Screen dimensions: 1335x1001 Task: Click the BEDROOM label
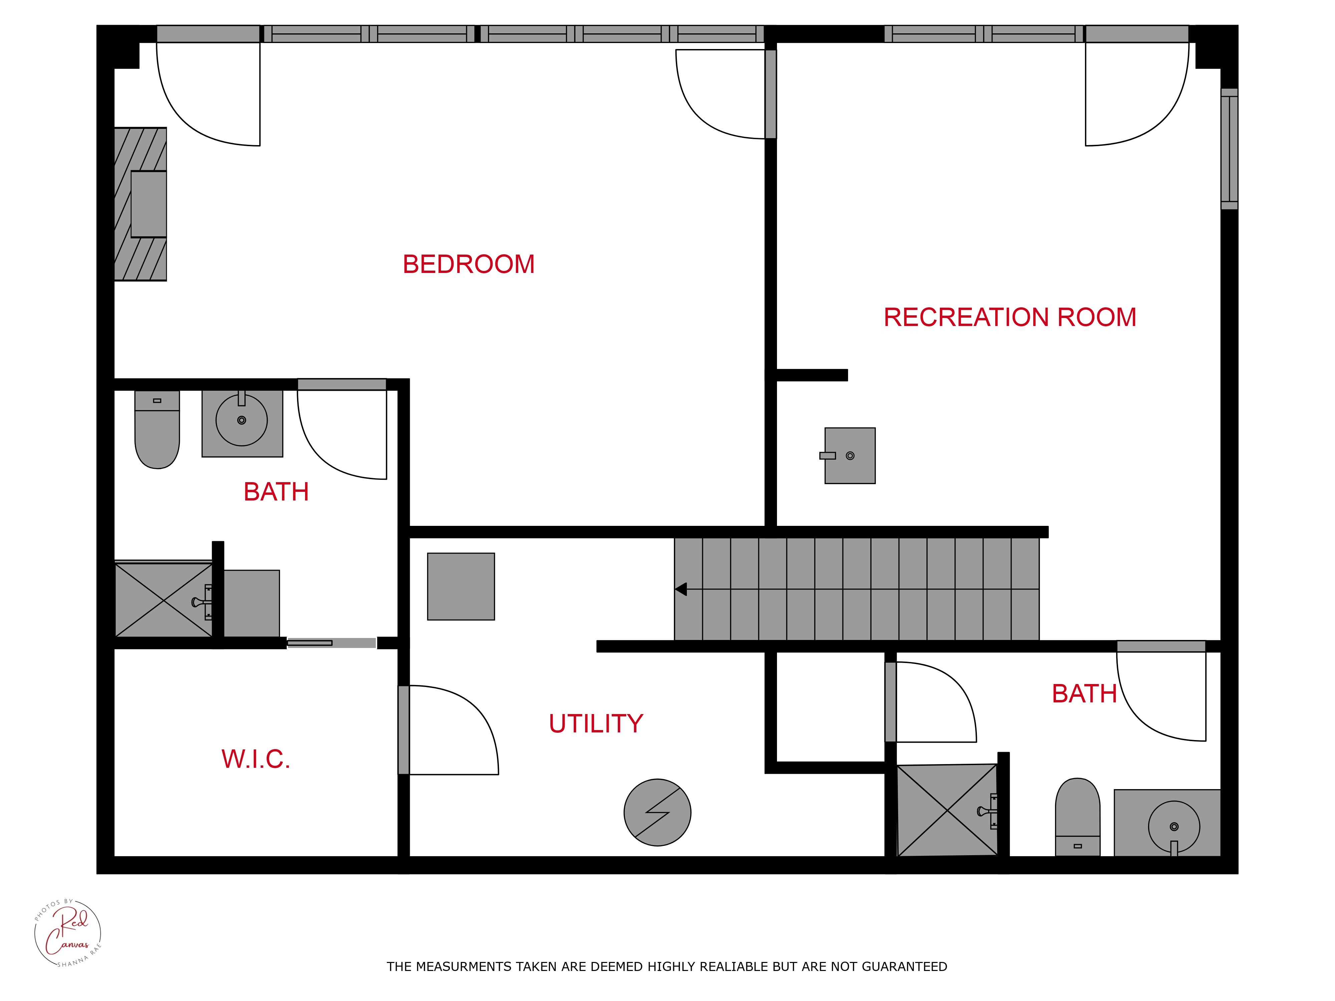468,264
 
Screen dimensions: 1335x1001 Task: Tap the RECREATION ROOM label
1010,317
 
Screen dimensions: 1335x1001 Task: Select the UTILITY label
596,723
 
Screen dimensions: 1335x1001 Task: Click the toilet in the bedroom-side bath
157,430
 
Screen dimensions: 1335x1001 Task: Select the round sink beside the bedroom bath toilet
241,420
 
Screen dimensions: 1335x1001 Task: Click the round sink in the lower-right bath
1174,826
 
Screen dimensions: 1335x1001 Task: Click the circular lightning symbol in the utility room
657,812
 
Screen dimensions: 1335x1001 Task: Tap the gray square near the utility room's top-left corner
461,587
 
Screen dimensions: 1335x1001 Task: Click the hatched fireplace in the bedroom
141,204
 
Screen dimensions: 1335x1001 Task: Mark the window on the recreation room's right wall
1230,149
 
